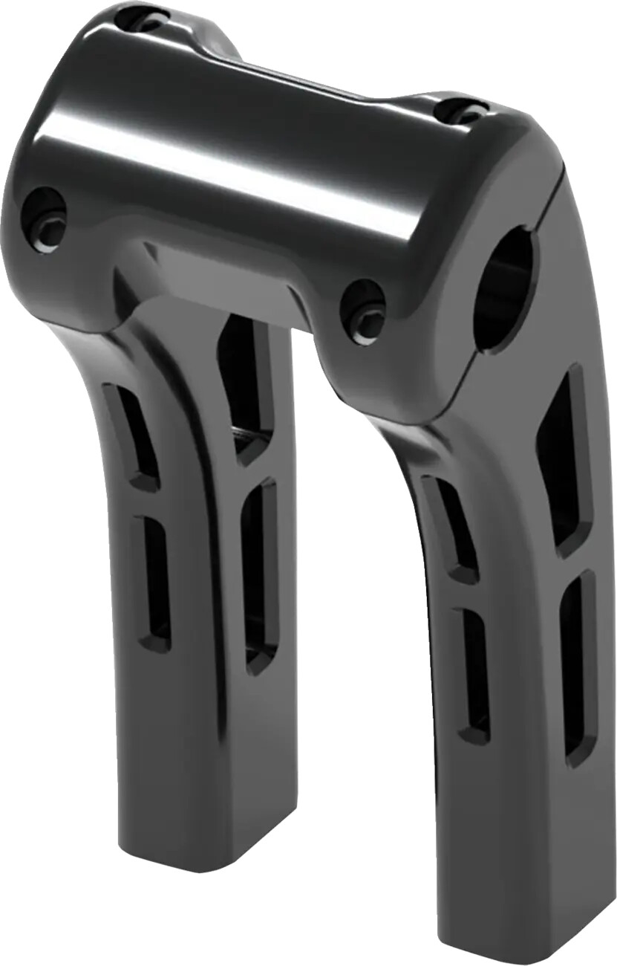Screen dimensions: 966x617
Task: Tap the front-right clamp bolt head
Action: pyautogui.click(x=364, y=312)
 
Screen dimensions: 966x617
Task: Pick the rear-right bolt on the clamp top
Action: pyautogui.click(x=461, y=111)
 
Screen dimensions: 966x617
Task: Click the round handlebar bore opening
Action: pyautogui.click(x=503, y=297)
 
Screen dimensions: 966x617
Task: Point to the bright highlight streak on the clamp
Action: pyautogui.click(x=245, y=171)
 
